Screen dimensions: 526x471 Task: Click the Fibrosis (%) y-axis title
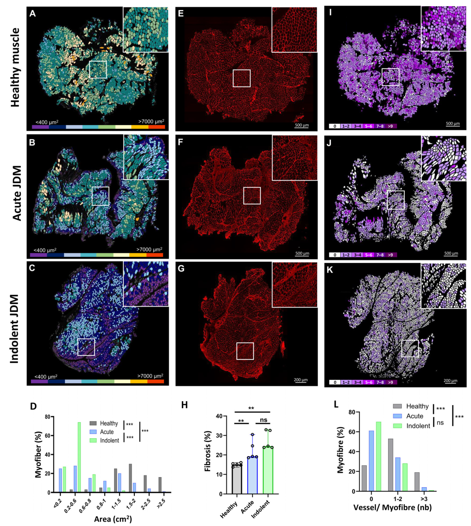[x=208, y=455]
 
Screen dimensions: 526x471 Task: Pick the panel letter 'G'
[x=181, y=269]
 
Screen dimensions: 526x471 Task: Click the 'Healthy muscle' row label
[x=16, y=68]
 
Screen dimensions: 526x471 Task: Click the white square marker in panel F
[x=252, y=195]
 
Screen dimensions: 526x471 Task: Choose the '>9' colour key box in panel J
[x=390, y=255]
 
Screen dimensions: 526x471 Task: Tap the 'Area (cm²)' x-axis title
[x=113, y=519]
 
